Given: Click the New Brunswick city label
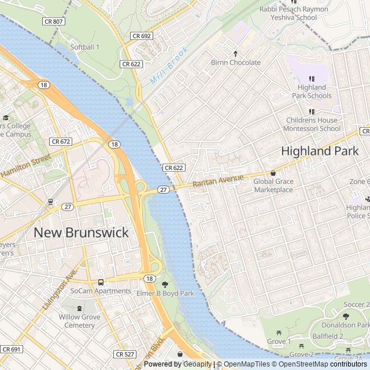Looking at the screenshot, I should pyautogui.click(x=81, y=232).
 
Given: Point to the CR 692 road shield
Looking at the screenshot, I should pyautogui.click(x=141, y=36).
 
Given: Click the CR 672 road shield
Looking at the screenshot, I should pyautogui.click(x=60, y=142).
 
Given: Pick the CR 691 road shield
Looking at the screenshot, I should pyautogui.click(x=12, y=349).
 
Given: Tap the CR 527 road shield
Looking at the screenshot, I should pyautogui.click(x=124, y=354).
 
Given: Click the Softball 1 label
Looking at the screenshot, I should pyautogui.click(x=85, y=47).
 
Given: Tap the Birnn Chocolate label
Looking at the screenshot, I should pyautogui.click(x=235, y=62).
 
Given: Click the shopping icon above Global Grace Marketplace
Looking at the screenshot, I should pyautogui.click(x=273, y=173).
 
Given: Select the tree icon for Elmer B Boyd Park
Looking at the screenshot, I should pyautogui.click(x=165, y=284).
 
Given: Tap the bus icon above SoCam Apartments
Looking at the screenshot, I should pyautogui.click(x=101, y=282).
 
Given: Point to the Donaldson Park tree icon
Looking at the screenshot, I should pyautogui.click(x=346, y=316).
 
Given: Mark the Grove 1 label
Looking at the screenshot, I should pyautogui.click(x=279, y=341).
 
